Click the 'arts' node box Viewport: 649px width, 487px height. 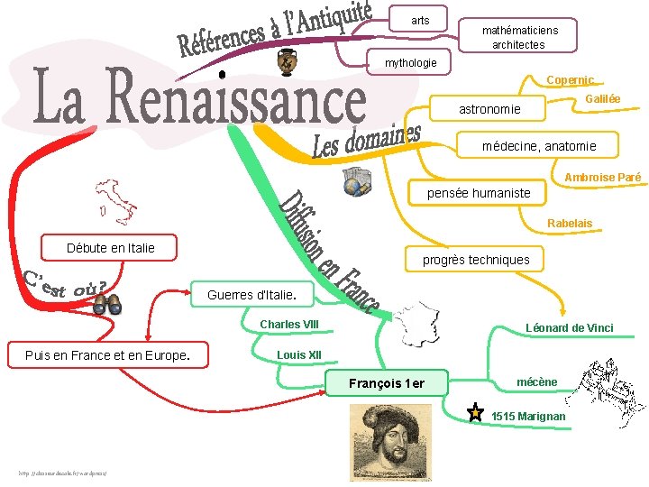pyautogui.click(x=420, y=20)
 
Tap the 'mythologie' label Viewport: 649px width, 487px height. pyautogui.click(x=410, y=63)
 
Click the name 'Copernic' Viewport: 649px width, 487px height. pyautogui.click(x=570, y=80)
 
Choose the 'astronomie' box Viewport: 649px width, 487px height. pyautogui.click(x=489, y=109)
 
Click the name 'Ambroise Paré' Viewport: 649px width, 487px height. pyautogui.click(x=602, y=178)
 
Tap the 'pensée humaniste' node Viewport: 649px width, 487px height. pyautogui.click(x=478, y=193)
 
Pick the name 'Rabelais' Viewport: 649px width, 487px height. pyautogui.click(x=570, y=223)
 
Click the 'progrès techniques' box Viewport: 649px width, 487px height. pyautogui.click(x=476, y=260)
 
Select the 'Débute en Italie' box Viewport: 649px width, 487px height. pyautogui.click(x=110, y=248)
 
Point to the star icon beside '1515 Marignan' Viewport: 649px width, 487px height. pyautogui.click(x=475, y=414)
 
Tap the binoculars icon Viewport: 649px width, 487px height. pyautogui.click(x=107, y=307)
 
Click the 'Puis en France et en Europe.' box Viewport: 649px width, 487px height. pyautogui.click(x=107, y=355)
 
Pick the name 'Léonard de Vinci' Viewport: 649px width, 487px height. pyautogui.click(x=569, y=327)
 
